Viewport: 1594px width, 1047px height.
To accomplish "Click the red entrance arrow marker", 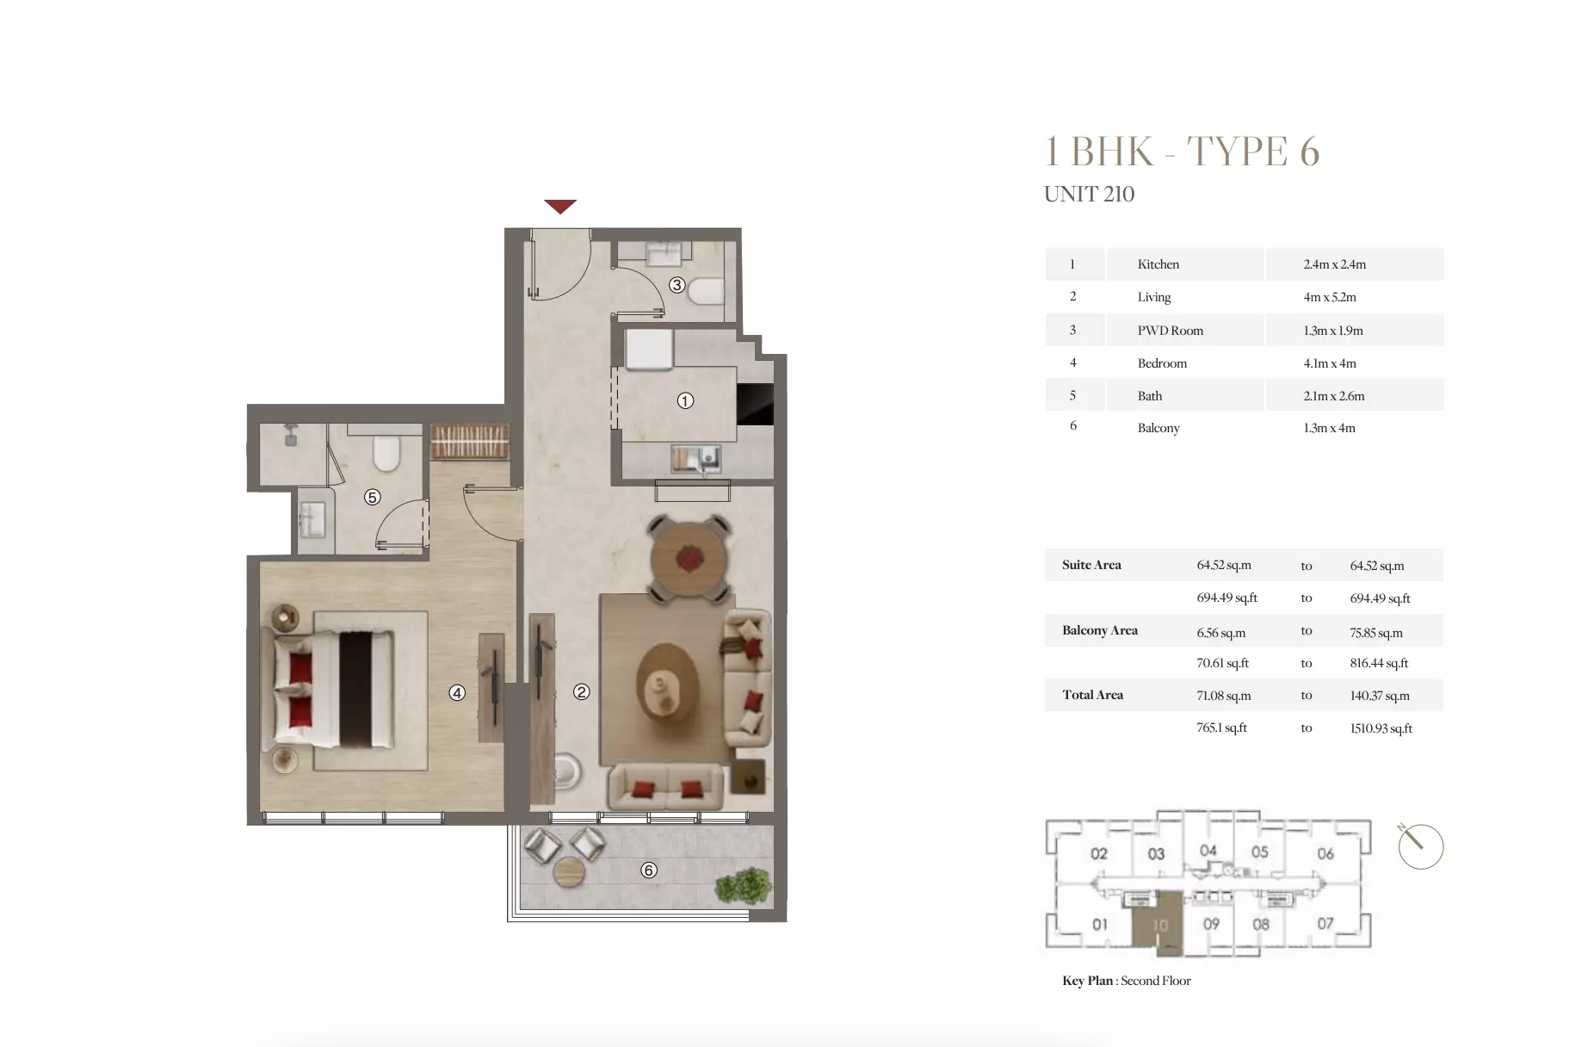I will pyautogui.click(x=559, y=207).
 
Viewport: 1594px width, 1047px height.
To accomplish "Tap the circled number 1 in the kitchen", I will pyautogui.click(x=685, y=400).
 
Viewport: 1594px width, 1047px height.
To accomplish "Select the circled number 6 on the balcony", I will pyautogui.click(x=649, y=870).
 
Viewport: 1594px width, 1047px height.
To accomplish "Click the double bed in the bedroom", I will pyautogui.click(x=334, y=689).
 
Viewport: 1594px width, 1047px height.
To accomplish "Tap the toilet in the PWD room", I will pyautogui.click(x=707, y=290).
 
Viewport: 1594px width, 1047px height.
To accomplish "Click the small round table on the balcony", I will pyautogui.click(x=568, y=872).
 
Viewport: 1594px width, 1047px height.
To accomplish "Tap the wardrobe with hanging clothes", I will pyautogui.click(x=470, y=441).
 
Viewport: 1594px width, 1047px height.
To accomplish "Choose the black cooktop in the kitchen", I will pyautogui.click(x=755, y=404).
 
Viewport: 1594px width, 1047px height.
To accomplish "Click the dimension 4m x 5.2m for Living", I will pyautogui.click(x=1329, y=297).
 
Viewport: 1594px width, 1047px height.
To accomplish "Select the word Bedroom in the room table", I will pyautogui.click(x=1161, y=363).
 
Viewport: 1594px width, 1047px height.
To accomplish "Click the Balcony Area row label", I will pyautogui.click(x=1099, y=630).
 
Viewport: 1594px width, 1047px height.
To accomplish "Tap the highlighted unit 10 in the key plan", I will pyautogui.click(x=1159, y=925).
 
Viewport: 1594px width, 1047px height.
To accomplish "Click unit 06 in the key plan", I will pyautogui.click(x=1325, y=853).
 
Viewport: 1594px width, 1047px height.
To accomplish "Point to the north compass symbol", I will pyautogui.click(x=1419, y=846).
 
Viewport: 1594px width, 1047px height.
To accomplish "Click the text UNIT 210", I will pyautogui.click(x=1088, y=195).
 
